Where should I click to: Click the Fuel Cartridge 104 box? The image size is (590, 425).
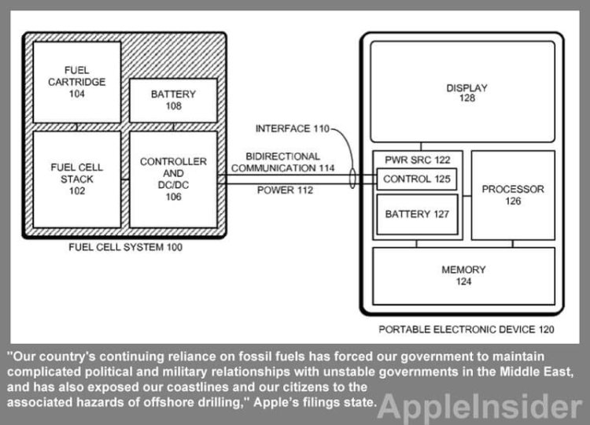[76, 82]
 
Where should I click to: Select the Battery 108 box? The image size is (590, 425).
[173, 99]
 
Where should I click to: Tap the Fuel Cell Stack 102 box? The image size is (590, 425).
[76, 179]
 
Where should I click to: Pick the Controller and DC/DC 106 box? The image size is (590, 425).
[173, 179]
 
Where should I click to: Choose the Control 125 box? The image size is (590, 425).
[417, 179]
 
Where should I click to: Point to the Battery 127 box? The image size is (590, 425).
[417, 213]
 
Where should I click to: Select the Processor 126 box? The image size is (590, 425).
[512, 195]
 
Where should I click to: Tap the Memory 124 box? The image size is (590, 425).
[463, 275]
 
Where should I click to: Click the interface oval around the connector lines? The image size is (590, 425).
[353, 179]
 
